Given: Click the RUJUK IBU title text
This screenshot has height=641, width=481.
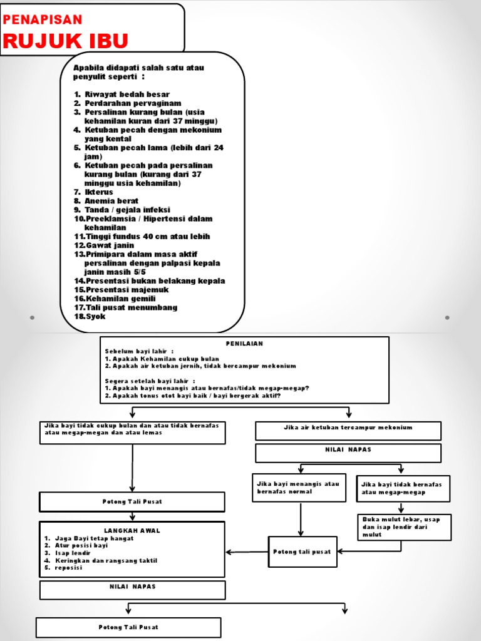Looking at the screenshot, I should pos(66,41).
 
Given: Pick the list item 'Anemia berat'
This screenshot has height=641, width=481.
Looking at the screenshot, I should pos(111,201).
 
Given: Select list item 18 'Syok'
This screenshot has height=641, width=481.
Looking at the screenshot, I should pos(96,316).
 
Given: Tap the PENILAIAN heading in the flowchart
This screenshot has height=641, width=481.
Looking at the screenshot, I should pos(244,344).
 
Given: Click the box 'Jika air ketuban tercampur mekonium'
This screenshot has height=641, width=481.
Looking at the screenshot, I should pos(348,428).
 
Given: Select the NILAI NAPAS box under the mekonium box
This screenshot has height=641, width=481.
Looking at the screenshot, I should pos(348,450).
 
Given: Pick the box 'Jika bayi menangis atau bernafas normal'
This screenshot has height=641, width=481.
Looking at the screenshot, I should pos(299,488).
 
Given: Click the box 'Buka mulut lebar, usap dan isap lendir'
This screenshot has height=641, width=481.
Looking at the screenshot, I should pos(404,527).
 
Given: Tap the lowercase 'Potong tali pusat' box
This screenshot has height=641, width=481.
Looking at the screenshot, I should pos(303,551).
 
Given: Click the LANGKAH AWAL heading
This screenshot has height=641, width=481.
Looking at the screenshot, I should pos(132,530).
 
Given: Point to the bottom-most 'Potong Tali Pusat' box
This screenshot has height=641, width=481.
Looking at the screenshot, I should pos(128,627).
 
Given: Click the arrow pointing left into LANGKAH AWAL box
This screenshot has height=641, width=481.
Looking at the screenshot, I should pos(230,551).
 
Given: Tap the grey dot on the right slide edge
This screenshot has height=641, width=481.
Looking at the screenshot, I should pos(447,317).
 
